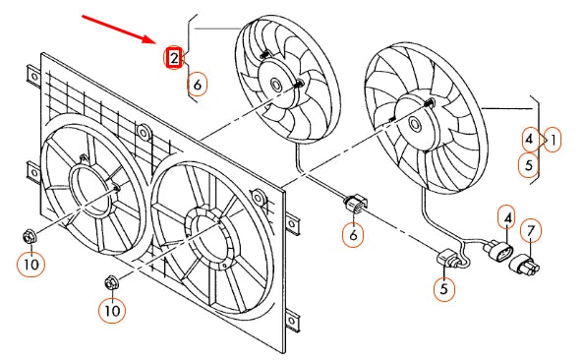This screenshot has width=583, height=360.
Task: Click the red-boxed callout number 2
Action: (x=173, y=58)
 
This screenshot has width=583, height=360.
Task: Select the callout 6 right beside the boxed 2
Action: (x=197, y=84)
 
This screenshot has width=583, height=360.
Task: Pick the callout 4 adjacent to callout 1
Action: (x=530, y=139)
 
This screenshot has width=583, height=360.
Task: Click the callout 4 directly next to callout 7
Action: (x=506, y=216)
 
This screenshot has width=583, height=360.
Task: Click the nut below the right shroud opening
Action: (x=110, y=283)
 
